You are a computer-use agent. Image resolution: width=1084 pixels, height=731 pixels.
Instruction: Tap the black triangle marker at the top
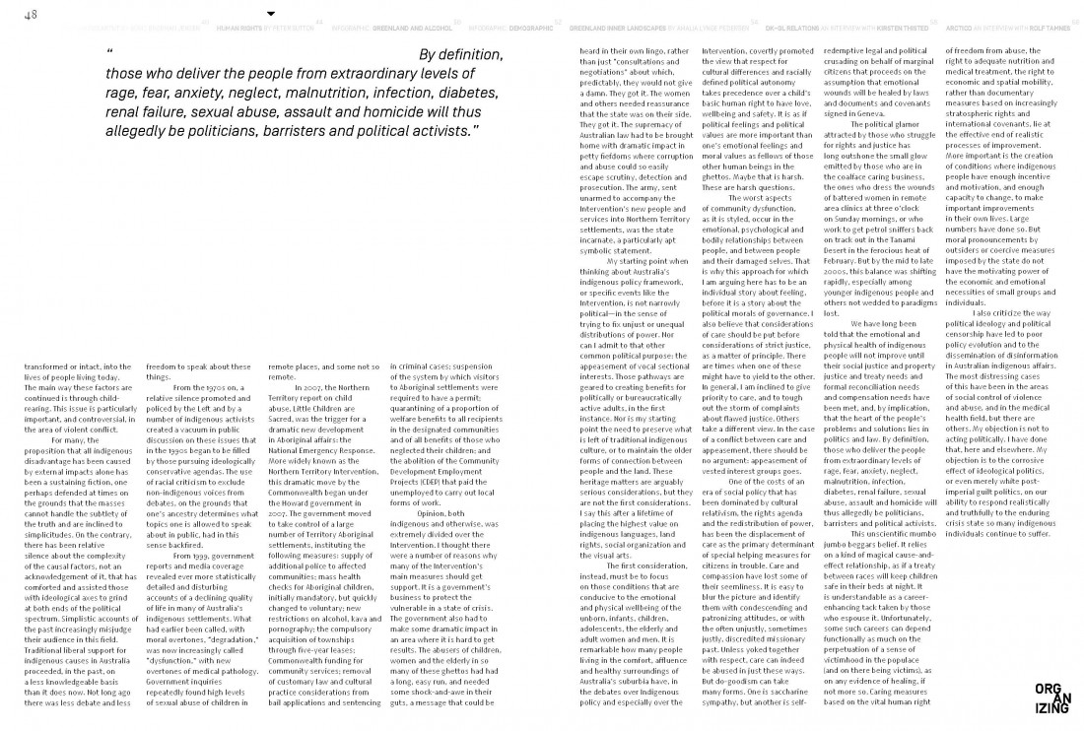tap(272, 13)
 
